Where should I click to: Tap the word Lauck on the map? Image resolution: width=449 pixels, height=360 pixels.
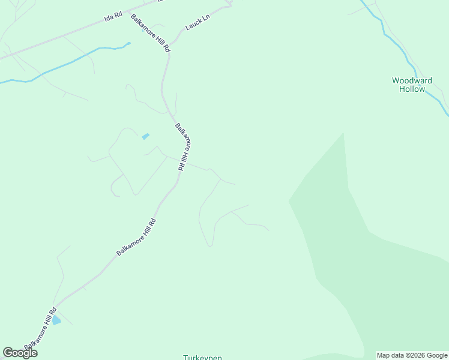pos(193,26)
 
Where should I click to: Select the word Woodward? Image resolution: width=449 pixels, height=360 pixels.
pos(412,80)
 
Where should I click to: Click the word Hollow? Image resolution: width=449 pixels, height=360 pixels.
pos(412,89)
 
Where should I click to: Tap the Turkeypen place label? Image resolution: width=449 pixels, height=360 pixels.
pos(202,358)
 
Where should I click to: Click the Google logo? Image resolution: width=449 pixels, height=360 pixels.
pos(20,352)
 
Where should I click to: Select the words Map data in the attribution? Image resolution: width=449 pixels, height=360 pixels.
pos(390,355)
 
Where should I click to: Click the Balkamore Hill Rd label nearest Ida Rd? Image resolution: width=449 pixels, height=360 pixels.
pos(151,33)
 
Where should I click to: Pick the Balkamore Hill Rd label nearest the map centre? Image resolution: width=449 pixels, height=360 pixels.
pos(183,148)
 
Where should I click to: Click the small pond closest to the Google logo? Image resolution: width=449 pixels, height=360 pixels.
pos(56,320)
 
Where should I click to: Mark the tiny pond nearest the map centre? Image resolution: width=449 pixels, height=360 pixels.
pos(145,136)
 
